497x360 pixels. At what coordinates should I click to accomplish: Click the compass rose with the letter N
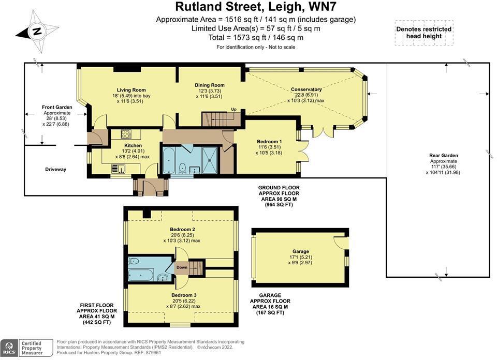36,32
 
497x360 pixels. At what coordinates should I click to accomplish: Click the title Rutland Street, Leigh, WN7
248,7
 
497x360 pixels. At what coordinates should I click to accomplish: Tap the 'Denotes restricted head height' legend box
423,33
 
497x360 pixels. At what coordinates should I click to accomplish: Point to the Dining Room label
210,85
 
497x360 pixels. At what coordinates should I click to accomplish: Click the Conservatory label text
306,89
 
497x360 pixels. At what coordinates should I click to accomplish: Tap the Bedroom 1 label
269,141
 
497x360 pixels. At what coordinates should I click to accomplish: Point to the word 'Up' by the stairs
233,109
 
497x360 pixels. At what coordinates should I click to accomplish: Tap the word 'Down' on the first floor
182,267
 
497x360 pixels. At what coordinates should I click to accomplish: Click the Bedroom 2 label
182,229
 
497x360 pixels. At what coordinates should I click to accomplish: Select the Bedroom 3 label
184,295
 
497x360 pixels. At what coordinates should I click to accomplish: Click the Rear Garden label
443,155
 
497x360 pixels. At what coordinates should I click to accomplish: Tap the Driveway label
55,169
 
